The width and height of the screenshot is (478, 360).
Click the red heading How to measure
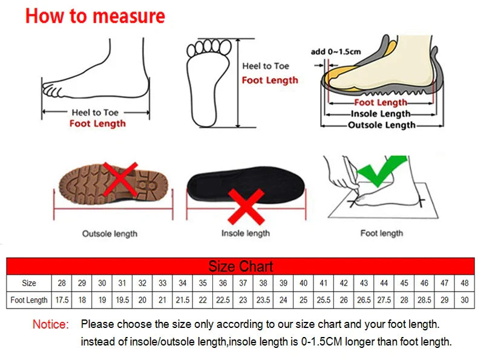tap(95, 16)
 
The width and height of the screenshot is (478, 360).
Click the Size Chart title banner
tap(240, 266)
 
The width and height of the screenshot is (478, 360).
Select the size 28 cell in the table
tap(62, 283)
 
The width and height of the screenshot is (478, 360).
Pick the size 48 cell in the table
tap(464, 283)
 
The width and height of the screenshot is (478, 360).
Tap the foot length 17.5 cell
tap(62, 299)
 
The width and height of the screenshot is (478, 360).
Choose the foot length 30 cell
tap(464, 299)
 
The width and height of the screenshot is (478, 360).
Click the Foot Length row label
tap(29, 299)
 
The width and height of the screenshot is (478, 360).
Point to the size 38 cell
tap(263, 283)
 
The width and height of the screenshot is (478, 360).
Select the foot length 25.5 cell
tap(324, 299)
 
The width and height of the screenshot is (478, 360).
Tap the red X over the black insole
tap(245, 206)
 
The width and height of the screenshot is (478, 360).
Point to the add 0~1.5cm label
tap(335, 51)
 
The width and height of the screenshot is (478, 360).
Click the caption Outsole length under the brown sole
tap(110, 233)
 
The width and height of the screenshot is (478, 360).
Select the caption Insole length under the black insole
tap(245, 233)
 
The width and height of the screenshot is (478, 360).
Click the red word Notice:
tap(51, 325)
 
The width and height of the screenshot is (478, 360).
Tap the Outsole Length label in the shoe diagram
tap(381, 125)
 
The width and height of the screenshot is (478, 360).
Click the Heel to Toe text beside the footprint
tap(266, 66)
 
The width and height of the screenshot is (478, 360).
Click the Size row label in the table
tap(29, 283)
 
